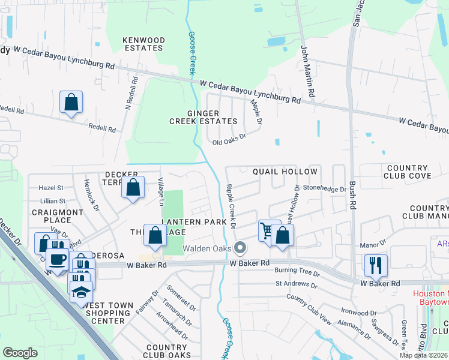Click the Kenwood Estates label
point(143,44)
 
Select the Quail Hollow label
point(285,172)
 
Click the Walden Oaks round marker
point(240,247)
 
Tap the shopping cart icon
point(267,230)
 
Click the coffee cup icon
point(58,259)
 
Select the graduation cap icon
point(80,290)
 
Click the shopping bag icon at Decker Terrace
point(133,187)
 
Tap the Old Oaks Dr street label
point(229,142)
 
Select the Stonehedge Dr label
point(324,188)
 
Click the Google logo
point(20,353)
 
